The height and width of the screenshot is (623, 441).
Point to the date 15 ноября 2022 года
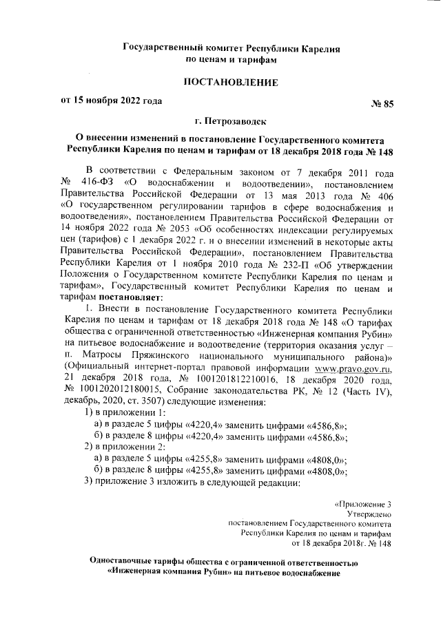pyautogui.click(x=116, y=101)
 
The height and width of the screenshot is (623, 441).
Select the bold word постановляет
pyautogui.click(x=132, y=298)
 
